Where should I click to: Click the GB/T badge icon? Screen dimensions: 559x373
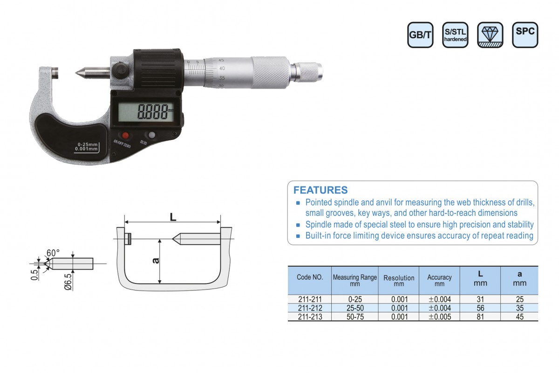[x=420, y=35]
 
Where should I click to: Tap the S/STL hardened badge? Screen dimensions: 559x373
[x=455, y=35]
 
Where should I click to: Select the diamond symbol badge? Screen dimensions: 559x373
[x=490, y=35]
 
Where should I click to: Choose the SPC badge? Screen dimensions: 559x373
[x=525, y=35]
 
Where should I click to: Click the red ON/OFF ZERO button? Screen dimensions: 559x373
[x=125, y=136]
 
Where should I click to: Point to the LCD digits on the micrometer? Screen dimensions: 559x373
[x=153, y=111]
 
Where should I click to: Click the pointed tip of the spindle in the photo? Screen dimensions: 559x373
[x=76, y=73]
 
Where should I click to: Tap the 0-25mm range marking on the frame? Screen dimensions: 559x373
[x=88, y=145]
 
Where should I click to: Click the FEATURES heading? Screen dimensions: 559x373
[x=320, y=190]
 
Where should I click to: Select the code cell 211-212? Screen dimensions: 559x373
[x=310, y=308]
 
